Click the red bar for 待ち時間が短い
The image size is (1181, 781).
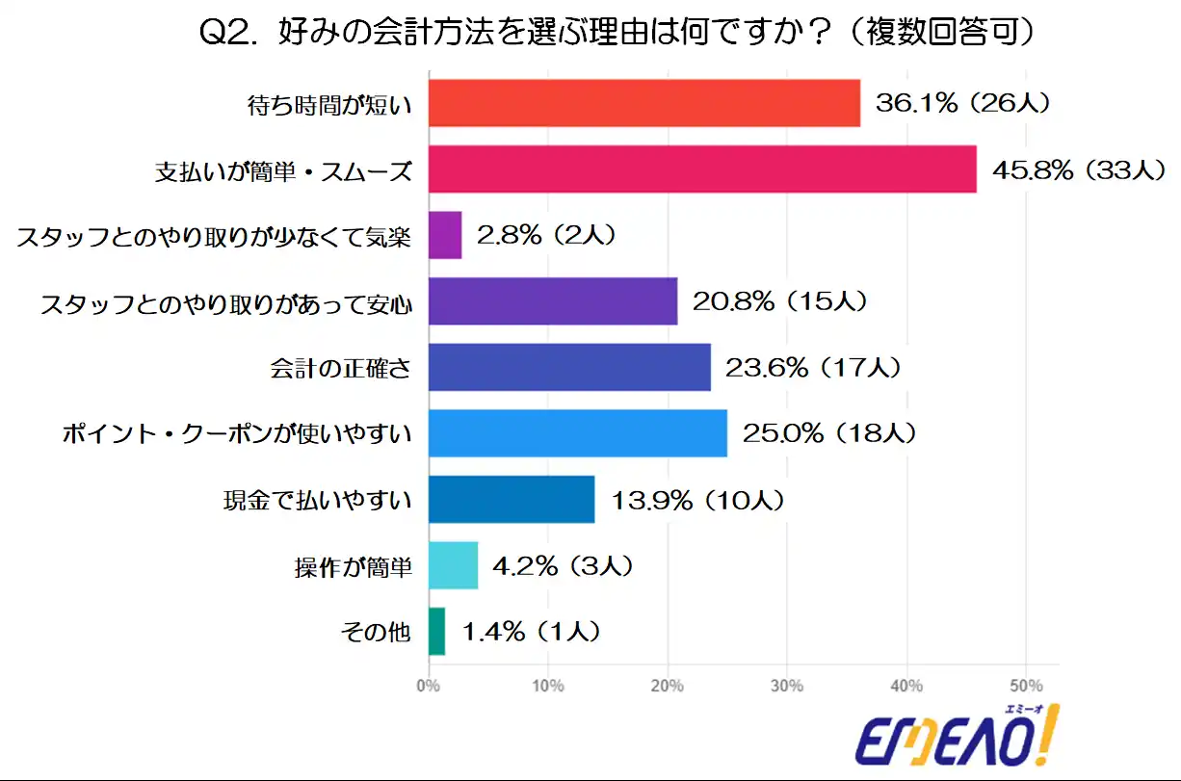click(x=643, y=103)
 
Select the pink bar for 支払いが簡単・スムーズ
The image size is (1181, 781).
click(x=701, y=169)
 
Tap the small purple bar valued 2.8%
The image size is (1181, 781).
click(x=444, y=235)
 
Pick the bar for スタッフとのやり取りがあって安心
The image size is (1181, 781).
click(x=552, y=301)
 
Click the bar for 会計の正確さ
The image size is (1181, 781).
click(x=568, y=367)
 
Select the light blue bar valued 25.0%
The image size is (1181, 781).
click(x=577, y=433)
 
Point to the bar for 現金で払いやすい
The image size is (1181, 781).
click(x=511, y=499)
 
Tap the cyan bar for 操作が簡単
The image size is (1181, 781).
click(x=453, y=565)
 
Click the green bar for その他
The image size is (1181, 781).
click(x=436, y=631)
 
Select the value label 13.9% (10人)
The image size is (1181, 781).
click(x=697, y=500)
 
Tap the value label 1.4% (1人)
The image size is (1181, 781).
click(x=532, y=632)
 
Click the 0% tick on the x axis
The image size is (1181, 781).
click(x=428, y=686)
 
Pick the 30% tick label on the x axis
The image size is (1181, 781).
click(x=787, y=686)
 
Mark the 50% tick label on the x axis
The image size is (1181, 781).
click(x=1026, y=686)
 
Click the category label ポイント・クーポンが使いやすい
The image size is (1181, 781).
click(x=237, y=434)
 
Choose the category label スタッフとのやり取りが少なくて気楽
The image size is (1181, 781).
click(x=214, y=236)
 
